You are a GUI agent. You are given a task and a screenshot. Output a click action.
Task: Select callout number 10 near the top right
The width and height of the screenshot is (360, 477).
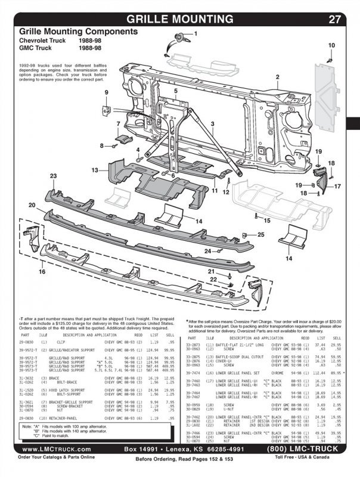331,45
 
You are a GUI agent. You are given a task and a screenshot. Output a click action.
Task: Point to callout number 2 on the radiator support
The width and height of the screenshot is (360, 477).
277,77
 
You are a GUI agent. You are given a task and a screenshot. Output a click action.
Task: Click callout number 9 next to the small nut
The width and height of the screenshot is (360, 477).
106,92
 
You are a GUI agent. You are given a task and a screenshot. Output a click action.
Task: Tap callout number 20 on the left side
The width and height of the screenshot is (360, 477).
32,205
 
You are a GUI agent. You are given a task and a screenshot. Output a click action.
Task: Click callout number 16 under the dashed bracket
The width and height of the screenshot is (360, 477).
41,271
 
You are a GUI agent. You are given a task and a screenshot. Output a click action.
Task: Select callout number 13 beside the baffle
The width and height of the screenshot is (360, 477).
95,170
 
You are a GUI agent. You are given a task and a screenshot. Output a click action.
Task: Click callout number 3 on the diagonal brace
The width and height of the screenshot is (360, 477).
212,123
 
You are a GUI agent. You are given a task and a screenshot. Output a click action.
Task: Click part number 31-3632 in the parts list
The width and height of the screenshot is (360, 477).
27,378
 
